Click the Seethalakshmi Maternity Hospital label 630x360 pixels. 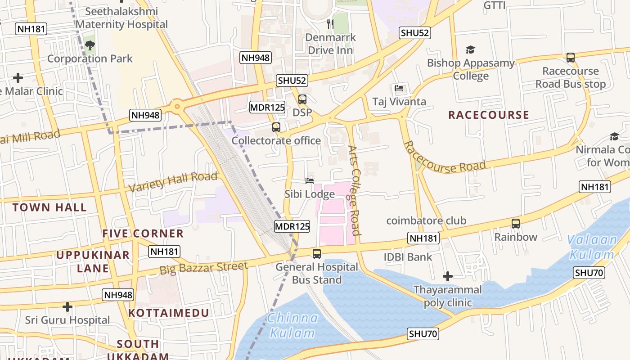point(121,18)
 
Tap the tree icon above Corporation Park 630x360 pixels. point(90,45)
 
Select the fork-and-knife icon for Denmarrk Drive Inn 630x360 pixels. point(331,23)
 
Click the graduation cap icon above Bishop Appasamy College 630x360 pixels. point(470,49)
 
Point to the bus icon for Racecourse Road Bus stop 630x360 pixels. point(571,58)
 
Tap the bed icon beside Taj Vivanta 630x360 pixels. point(399,88)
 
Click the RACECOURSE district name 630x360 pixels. point(489,115)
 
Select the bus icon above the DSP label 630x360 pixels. point(302,99)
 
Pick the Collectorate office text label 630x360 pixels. point(276,140)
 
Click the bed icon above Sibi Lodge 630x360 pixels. point(310,181)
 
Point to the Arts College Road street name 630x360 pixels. point(355,190)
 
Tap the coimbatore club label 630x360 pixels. point(426,220)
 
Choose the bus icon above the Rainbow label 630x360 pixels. point(516,223)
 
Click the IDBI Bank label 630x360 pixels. point(408,257)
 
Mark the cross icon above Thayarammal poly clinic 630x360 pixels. point(447,276)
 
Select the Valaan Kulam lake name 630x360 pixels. point(592,247)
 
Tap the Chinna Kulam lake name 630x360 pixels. point(292,325)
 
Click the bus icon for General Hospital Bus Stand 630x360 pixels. point(317,253)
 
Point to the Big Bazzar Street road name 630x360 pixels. point(203,268)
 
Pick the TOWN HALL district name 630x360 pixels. point(49,207)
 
